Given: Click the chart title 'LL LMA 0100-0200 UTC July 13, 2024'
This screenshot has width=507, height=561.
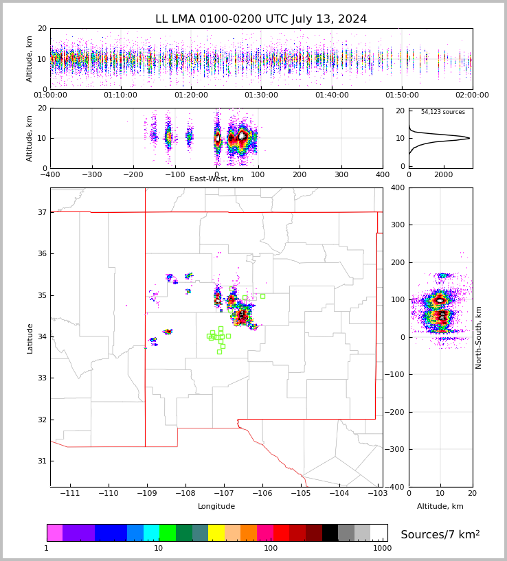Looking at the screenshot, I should pos(261,19).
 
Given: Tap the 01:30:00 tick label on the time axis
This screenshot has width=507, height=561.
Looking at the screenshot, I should pos(261,95).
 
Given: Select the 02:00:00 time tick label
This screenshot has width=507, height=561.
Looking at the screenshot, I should pos(472,95).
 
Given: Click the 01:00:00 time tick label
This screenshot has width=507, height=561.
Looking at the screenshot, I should pos(50,95).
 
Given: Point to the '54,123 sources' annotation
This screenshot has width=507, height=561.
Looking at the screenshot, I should pos(442,112).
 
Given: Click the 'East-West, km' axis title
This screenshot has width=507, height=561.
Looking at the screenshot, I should pos(216,179).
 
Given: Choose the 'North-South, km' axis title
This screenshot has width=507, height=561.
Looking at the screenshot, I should pos(479,337).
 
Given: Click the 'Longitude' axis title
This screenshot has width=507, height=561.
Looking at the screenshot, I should pos(216,507).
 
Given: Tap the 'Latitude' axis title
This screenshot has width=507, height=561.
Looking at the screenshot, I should pos(30,338).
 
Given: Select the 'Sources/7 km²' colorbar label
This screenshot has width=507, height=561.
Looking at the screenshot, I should pos(440,534).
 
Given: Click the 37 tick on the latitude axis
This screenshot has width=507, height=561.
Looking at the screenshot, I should pos(41,212).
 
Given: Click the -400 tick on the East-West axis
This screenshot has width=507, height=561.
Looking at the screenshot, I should pos(50,174).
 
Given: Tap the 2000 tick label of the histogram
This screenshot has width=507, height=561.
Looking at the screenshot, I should pos(443,174).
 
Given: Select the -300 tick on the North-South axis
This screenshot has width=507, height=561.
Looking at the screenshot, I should pos(398,449).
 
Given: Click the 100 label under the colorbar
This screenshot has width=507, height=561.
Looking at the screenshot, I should pos(271,548).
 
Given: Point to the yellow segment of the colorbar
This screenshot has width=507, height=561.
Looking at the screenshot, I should pos(216,533).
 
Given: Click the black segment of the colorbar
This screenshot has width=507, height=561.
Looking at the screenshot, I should pos(330,533).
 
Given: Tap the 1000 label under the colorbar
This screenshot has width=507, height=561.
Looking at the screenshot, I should pos(382,548).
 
